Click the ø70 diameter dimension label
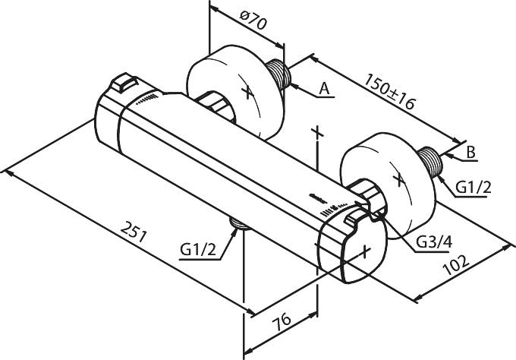click(x=253, y=21)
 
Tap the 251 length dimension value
click(x=134, y=232)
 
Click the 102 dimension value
click(x=456, y=265)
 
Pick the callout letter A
click(x=325, y=88)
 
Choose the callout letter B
click(x=471, y=152)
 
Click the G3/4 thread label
click(x=434, y=242)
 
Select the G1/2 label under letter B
click(x=474, y=188)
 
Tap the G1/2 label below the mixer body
click(x=198, y=250)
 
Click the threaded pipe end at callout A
click(x=278, y=74)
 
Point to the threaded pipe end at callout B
click(x=430, y=162)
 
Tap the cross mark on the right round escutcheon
click(x=398, y=179)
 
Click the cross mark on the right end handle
click(x=365, y=251)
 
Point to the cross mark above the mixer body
click(x=317, y=132)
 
